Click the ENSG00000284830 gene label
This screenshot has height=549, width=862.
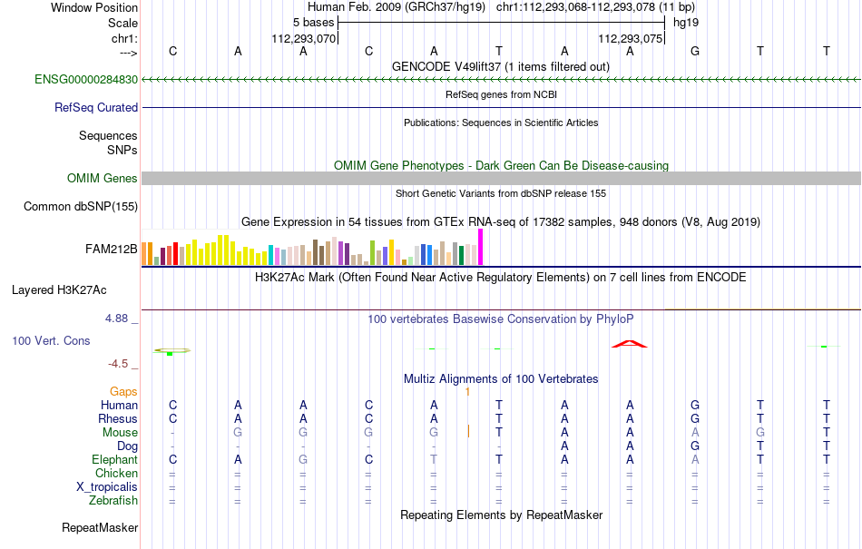click(86, 80)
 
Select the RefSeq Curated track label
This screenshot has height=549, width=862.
click(96, 108)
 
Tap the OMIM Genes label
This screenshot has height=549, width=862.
click(103, 179)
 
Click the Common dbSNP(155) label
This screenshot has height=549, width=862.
click(81, 207)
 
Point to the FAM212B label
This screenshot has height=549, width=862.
click(111, 250)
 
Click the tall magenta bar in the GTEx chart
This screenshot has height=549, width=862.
click(481, 248)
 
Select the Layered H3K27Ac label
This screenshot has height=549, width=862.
click(59, 290)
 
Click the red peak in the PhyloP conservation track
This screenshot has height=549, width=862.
click(630, 344)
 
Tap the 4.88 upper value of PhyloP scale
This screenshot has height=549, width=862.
click(116, 319)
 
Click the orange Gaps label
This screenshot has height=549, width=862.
click(123, 392)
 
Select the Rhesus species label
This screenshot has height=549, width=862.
click(118, 418)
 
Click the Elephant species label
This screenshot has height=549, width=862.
click(114, 459)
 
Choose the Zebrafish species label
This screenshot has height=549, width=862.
click(113, 501)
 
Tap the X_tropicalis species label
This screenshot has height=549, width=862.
click(107, 487)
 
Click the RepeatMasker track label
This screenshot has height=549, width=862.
click(100, 528)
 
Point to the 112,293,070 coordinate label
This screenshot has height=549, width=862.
click(303, 39)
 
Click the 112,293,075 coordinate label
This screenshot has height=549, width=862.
click(630, 39)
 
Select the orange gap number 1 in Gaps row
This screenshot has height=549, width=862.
click(468, 392)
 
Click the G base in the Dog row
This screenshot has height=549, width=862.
click(695, 446)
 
